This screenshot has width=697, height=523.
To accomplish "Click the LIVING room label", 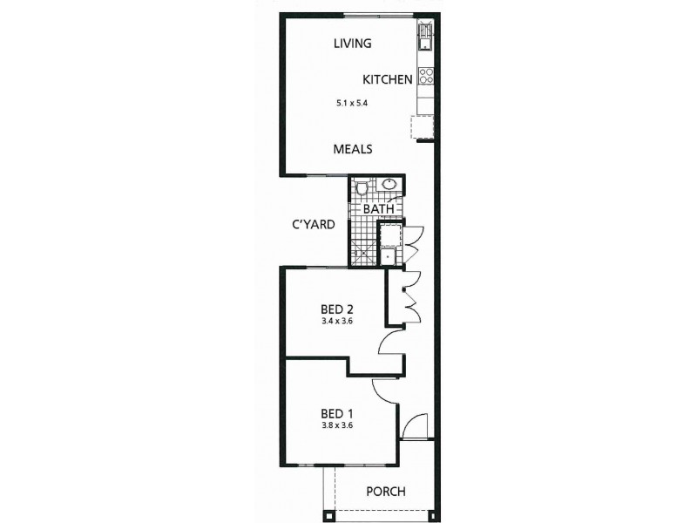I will (353, 43).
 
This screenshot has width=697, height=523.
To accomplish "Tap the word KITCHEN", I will (388, 79).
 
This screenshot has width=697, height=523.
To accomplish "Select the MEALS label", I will (353, 149).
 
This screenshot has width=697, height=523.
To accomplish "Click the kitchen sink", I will (425, 37).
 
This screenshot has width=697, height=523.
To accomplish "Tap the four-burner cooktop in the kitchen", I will (426, 76).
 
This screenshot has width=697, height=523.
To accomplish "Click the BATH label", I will (378, 209).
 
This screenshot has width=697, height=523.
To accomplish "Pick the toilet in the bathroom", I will (362, 187).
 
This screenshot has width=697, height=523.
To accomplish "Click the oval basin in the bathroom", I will (389, 184).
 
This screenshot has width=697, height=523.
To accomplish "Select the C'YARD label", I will (314, 224).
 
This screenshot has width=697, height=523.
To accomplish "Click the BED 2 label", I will (336, 309).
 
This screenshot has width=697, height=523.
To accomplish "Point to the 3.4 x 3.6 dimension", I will (336, 321).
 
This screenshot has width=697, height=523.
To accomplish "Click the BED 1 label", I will (336, 413).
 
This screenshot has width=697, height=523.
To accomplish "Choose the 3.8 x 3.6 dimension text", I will (336, 425).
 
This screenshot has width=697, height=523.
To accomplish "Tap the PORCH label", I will (385, 492).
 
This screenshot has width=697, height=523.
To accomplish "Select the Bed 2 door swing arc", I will (389, 343).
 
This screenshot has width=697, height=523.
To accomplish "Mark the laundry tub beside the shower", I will (388, 234).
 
